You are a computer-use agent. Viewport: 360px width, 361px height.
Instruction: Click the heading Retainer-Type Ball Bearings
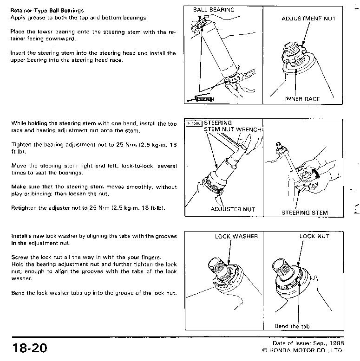tap(47, 10)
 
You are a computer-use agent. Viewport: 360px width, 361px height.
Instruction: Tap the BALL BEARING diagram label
tap(214, 9)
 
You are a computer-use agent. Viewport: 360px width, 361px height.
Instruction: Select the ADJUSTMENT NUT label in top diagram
tap(308, 19)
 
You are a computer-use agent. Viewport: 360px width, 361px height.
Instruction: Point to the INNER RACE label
tap(302, 99)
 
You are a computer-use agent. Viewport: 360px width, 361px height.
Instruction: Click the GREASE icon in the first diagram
tap(204, 98)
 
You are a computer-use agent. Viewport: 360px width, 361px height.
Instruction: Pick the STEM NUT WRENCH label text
tap(233, 129)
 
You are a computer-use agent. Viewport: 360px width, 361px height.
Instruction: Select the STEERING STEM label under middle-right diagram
tap(304, 213)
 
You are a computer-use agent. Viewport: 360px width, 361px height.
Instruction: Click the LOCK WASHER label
tap(236, 236)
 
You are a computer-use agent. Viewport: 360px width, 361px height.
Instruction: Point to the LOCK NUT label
tap(314, 236)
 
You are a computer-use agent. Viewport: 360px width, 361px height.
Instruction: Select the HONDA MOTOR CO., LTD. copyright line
tap(302, 350)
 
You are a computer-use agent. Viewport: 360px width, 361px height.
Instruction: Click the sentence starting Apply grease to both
tap(79, 17)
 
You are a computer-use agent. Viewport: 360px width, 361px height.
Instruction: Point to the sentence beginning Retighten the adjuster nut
tap(88, 208)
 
